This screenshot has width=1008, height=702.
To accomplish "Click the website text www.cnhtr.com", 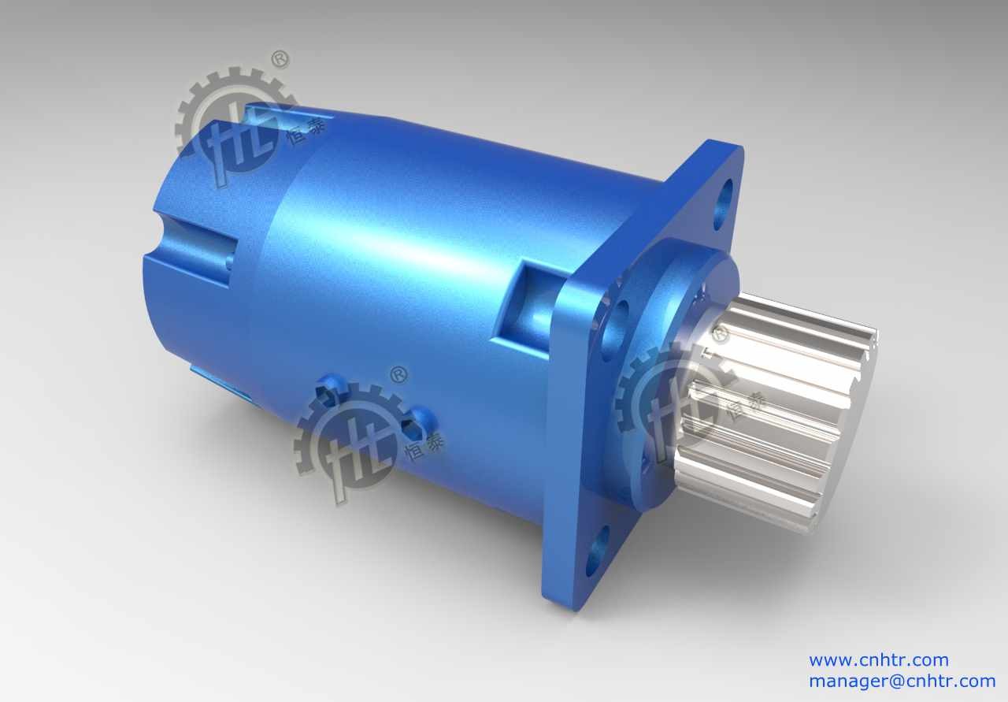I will pos(878,660).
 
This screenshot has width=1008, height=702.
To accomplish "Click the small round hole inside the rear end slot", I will pos(228,260).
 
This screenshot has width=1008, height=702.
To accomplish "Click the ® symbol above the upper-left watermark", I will pos(280,60).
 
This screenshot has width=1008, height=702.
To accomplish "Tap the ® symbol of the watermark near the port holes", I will pos(399,375).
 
